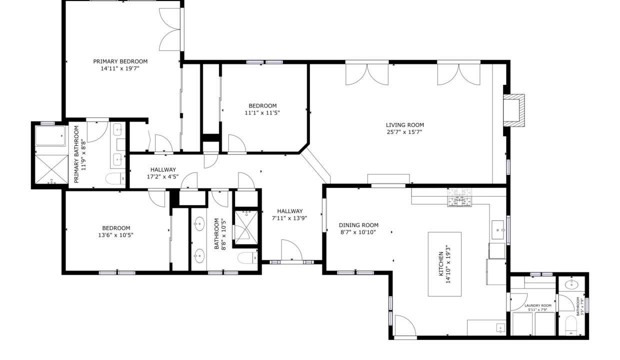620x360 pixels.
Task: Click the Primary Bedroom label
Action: (x=120, y=61)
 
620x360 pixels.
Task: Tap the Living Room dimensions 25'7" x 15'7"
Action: (x=404, y=132)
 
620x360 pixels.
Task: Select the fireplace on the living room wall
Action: (x=513, y=110)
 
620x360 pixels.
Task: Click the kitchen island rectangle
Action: (x=444, y=264)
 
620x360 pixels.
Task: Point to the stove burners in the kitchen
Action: (x=459, y=197)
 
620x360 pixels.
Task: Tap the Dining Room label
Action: (x=358, y=225)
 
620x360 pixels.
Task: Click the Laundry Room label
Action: (x=538, y=305)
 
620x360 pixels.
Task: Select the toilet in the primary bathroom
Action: (x=115, y=178)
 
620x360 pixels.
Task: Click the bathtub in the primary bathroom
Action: (x=50, y=136)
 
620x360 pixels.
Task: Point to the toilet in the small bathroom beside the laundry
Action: (x=570, y=325)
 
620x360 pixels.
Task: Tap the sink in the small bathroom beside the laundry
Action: (x=571, y=284)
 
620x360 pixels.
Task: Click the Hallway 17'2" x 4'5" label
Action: (x=163, y=173)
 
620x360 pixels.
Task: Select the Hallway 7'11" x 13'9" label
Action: (x=289, y=214)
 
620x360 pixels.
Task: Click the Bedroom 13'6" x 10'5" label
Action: (x=115, y=231)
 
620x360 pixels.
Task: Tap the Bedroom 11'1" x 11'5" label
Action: (x=262, y=109)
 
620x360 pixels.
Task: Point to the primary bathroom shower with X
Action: (x=51, y=169)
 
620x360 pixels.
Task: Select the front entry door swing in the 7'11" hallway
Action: (x=291, y=250)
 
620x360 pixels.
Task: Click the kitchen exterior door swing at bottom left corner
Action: (x=405, y=325)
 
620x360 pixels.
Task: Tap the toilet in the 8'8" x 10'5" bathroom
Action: (x=248, y=257)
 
